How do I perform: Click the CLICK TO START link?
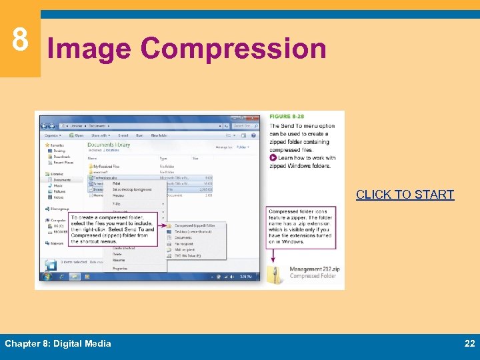click(x=405, y=195)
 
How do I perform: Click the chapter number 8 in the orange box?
click(x=20, y=41)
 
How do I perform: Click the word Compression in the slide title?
click(x=233, y=49)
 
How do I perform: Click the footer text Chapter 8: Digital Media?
click(x=58, y=343)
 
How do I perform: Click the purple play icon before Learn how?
click(x=273, y=158)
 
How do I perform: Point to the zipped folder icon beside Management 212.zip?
click(x=275, y=274)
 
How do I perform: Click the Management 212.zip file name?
click(x=315, y=270)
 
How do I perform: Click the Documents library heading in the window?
click(x=109, y=145)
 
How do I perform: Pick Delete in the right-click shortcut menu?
click(x=117, y=254)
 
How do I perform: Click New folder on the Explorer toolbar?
click(x=159, y=135)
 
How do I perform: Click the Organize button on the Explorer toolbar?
click(x=52, y=135)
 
